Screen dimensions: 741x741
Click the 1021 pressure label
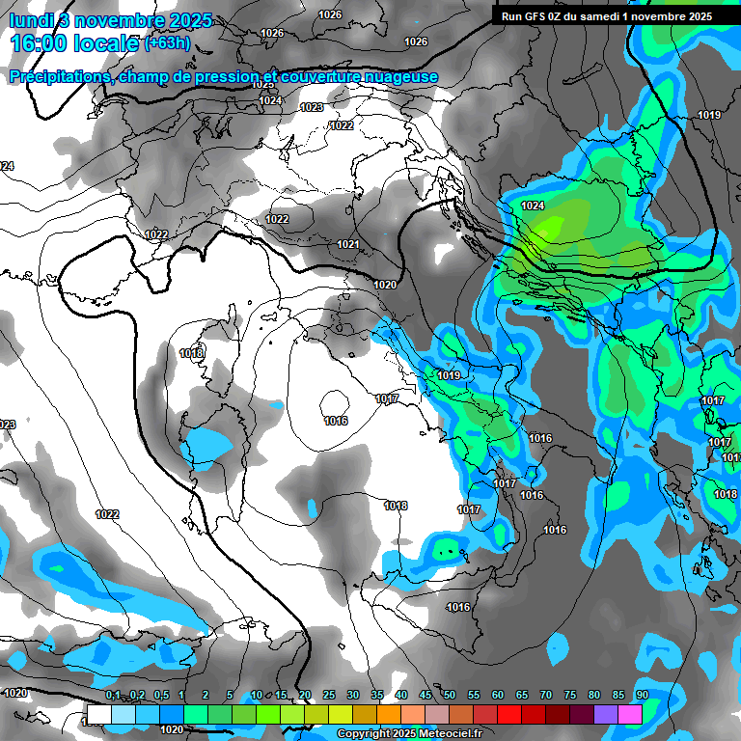click(348, 245)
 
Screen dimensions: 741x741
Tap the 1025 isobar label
click(263, 84)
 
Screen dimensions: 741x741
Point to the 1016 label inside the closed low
click(336, 421)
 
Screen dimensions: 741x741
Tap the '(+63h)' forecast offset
click(167, 43)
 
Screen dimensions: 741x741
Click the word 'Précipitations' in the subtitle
click(59, 76)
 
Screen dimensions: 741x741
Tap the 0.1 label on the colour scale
click(113, 696)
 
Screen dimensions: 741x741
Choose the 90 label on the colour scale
click(642, 696)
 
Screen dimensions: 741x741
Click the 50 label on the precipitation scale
click(450, 696)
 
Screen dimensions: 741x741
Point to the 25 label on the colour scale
click(329, 696)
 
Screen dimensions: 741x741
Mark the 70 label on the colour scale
click(546, 696)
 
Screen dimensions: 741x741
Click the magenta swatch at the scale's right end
click(630, 713)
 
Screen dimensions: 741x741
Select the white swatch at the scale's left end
click(98, 713)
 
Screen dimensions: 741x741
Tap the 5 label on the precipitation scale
click(230, 696)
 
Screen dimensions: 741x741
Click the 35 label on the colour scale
click(377, 696)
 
